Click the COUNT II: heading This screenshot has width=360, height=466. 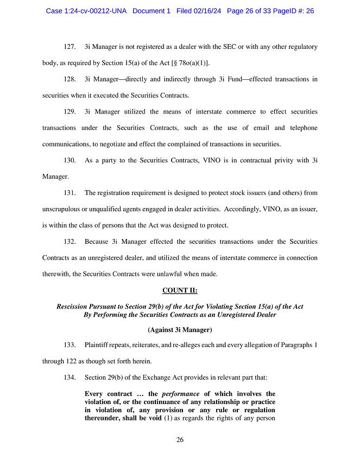pos(180,290)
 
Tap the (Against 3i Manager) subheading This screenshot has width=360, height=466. pos(180,329)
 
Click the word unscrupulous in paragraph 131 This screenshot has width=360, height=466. pos(62,209)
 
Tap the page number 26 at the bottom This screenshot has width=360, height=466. pos(180,440)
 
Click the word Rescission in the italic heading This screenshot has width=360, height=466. pos(74,306)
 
